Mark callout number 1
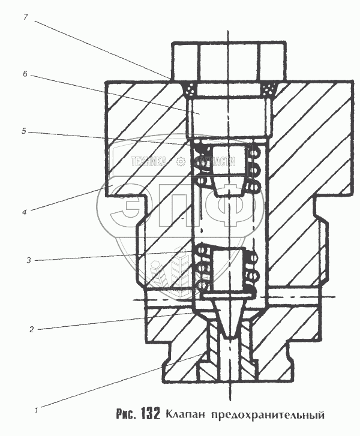click(x=37, y=411)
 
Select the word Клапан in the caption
click(x=184, y=414)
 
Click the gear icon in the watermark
click(x=180, y=161)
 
